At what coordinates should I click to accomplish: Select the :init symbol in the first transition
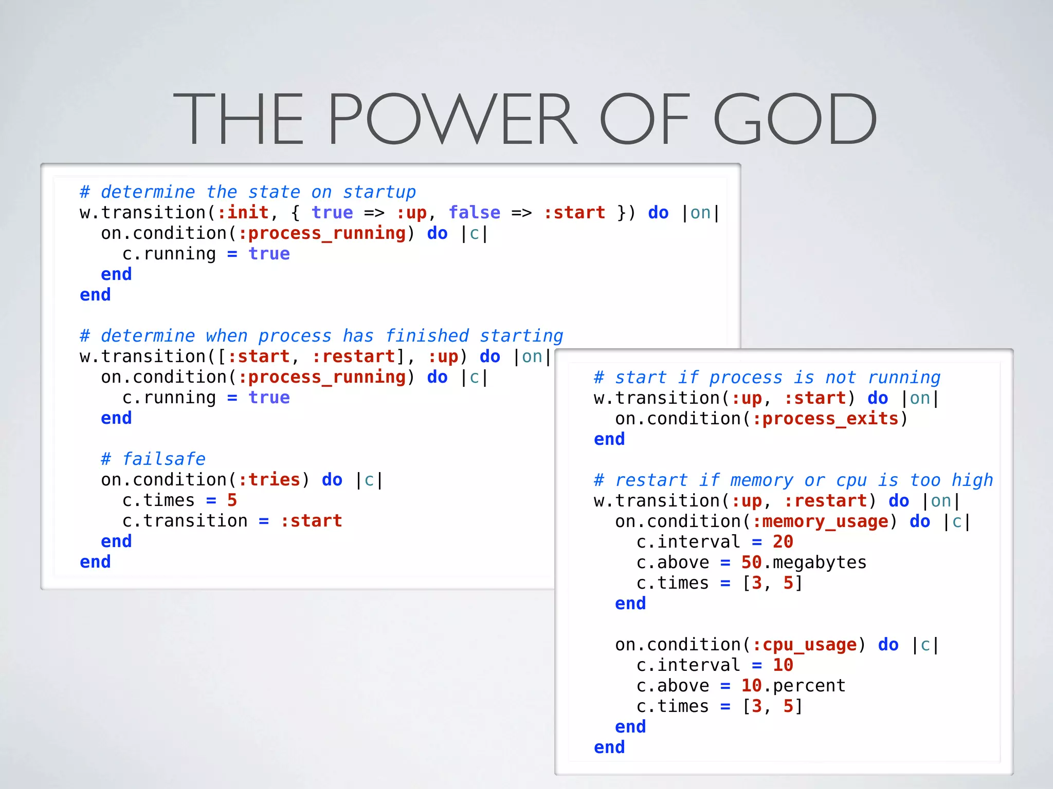coord(243,213)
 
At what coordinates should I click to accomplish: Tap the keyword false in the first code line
coord(474,213)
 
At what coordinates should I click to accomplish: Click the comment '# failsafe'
coord(153,459)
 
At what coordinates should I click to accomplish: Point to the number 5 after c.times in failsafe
coord(232,500)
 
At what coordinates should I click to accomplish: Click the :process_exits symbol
coord(825,419)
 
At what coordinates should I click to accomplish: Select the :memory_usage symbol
coord(820,521)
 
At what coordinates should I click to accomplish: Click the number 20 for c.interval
coord(783,542)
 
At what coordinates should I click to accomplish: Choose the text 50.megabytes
coord(804,562)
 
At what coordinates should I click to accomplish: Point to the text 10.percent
coord(793,686)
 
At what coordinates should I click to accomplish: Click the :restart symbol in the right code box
coord(825,501)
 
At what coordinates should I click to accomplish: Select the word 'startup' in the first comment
coord(379,192)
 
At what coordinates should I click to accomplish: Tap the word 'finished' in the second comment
coord(427,336)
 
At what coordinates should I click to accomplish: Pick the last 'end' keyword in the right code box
coord(609,747)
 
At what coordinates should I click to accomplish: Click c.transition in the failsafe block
coord(185,521)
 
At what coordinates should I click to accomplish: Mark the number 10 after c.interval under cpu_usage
coord(783,665)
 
